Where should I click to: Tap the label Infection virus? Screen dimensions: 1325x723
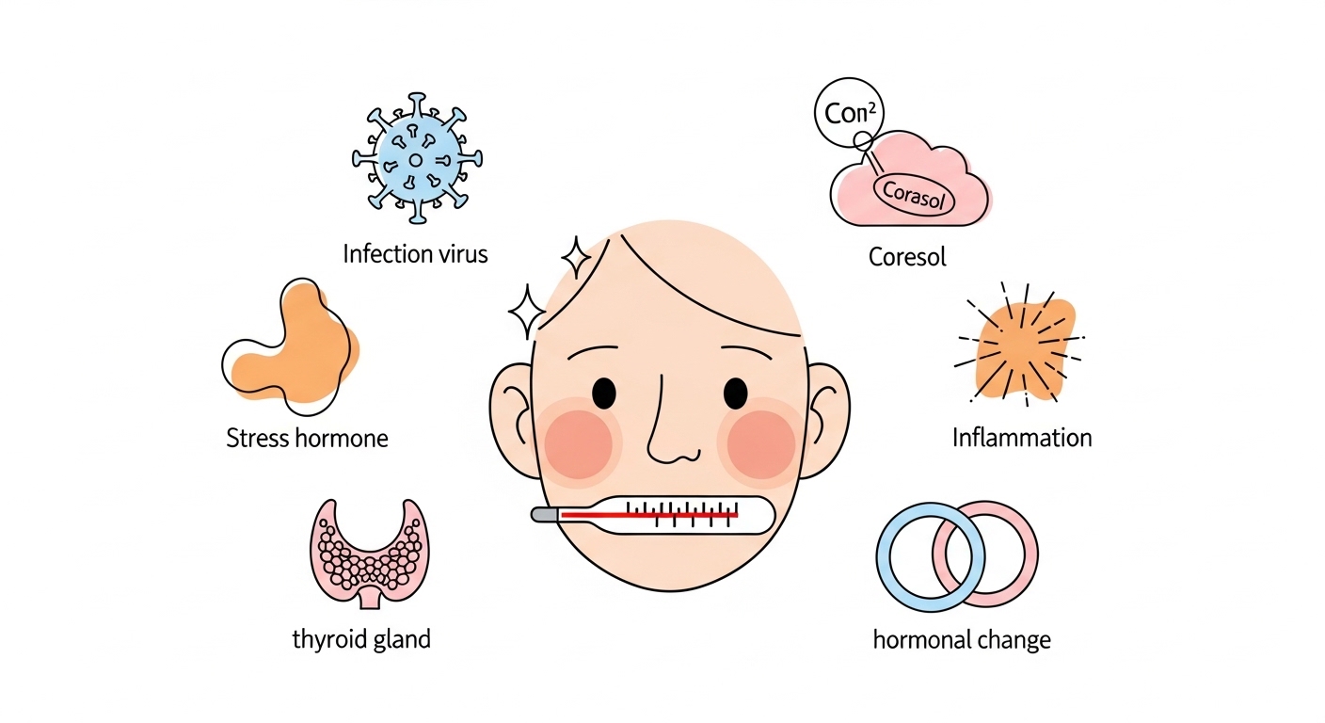[415, 253]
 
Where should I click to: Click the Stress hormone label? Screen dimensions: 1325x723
[307, 438]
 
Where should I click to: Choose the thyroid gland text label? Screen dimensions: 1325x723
[361, 639]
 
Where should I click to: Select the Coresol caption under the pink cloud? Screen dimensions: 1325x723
[907, 256]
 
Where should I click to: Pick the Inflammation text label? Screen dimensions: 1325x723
[1022, 438]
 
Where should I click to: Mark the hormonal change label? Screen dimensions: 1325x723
[962, 640]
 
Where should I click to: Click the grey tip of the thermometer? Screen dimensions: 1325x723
[543, 515]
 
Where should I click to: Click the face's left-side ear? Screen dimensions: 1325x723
[514, 414]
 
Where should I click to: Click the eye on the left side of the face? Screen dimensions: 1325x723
[604, 390]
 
